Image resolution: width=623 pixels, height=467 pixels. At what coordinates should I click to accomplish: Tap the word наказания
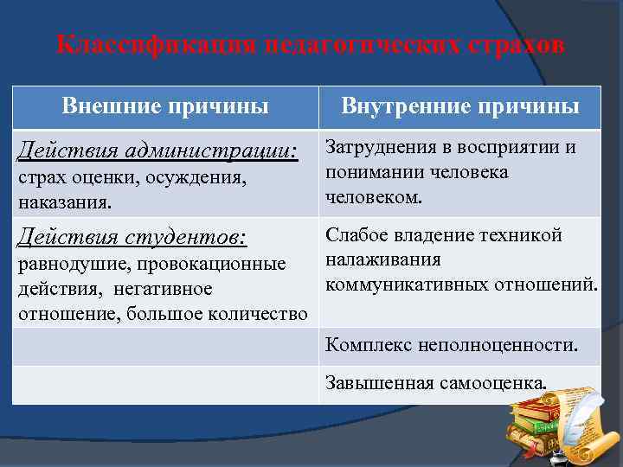[60, 202]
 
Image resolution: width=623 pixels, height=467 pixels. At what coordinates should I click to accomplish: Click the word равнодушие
[68, 263]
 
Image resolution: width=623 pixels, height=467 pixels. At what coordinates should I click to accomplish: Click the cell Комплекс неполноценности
[452, 345]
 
